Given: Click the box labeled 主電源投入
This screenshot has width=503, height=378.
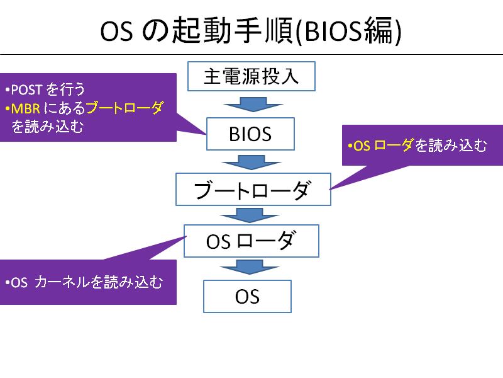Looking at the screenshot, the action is pos(251,76).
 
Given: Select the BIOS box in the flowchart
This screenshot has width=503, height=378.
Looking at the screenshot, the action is pos(250,134).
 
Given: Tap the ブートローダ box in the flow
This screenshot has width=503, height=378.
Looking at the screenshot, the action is pos(253,190).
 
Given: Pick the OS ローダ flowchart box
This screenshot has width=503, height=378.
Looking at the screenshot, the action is pos(251,241).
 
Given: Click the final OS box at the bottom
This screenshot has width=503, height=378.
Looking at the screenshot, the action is pos(247,296).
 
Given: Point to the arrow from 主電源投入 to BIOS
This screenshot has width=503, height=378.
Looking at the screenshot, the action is pos(253,105).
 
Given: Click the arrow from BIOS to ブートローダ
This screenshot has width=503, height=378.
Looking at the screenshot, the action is pos(251,163).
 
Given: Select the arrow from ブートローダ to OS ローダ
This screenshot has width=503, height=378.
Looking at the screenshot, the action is pos(250,215).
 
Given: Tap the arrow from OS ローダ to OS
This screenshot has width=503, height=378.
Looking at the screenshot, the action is pos(250,267).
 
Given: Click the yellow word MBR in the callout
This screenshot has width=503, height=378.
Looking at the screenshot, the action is pos(26,109).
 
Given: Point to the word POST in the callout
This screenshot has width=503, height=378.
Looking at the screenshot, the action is pos(26,89).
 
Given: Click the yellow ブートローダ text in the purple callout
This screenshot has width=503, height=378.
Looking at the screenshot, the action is pos(124,108).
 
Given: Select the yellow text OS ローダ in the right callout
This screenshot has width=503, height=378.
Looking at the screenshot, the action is pos(383,146).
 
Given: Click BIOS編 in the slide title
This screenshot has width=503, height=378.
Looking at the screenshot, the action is pos(349,31).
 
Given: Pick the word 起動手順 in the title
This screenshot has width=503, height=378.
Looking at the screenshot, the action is pos(233,30).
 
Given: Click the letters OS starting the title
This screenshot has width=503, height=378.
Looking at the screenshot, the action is pos(116,31).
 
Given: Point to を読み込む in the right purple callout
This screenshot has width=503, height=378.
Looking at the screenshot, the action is pos(451,146).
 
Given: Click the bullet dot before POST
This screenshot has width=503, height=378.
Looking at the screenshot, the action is pos(7,90).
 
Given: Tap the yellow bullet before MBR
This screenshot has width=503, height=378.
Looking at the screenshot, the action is pos(7,109).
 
